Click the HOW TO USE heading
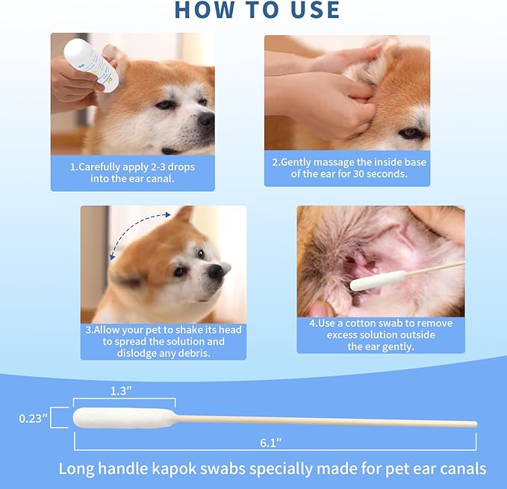coord(257,10)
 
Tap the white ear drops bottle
coord(88,63)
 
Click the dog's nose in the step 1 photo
coord(205,119)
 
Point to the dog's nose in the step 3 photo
coord(219,270)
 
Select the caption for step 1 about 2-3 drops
coord(132,173)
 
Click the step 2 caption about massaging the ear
coord(346,167)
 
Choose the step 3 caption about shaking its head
coord(163,341)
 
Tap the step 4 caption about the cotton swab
coord(380,335)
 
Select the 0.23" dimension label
coord(32,419)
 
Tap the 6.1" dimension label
coord(270,443)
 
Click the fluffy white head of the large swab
coord(123,417)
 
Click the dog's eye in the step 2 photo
coord(410,132)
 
